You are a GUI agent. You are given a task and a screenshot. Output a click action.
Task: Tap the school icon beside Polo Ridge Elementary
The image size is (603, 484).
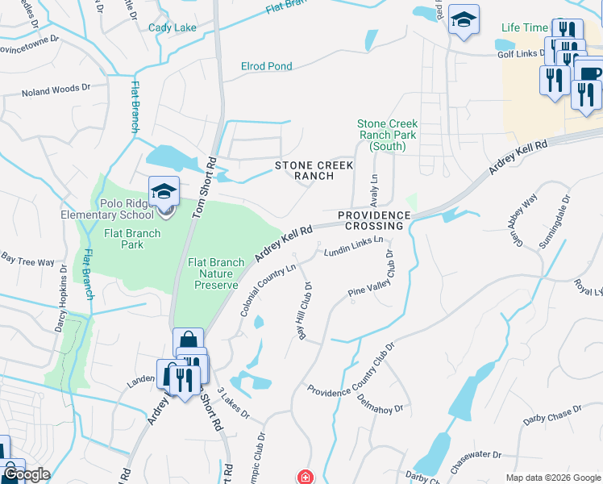(164, 192)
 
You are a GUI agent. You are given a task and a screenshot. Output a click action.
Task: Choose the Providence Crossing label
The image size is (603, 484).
(374, 221)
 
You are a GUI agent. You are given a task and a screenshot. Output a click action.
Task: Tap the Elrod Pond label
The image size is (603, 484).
(267, 66)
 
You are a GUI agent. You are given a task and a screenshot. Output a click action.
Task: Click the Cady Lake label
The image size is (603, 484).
(173, 27)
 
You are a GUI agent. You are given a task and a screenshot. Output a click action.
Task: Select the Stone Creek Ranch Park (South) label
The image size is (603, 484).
(388, 135)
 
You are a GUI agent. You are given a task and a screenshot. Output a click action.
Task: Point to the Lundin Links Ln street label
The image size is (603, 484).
(352, 248)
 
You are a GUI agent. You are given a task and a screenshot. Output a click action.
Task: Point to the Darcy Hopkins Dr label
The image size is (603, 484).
(60, 305)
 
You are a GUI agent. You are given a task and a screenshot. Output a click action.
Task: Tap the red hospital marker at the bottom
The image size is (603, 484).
(305, 478)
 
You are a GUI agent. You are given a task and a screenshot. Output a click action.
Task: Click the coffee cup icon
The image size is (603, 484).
(589, 73)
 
